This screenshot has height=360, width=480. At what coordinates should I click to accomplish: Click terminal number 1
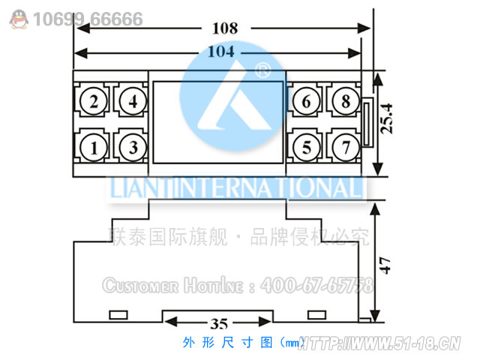point(94,147)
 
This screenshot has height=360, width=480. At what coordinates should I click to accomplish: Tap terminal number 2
point(94,101)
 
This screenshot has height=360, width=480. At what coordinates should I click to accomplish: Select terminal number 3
point(133,147)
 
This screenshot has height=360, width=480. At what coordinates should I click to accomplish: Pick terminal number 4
point(133,101)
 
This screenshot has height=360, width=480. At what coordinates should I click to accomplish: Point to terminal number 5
point(305,147)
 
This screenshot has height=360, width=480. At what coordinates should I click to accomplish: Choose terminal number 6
point(305,101)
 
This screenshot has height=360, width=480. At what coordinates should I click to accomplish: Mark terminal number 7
point(343,147)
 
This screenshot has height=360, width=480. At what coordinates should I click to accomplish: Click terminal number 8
point(343,101)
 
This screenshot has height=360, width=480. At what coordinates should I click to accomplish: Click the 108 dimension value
point(224,29)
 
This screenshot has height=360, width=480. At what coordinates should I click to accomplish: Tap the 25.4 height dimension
point(387,118)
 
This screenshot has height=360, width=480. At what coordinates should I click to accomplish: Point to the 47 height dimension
point(385,265)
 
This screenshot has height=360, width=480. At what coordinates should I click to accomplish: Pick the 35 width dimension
point(218,325)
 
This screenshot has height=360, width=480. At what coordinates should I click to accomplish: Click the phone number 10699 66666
point(88,19)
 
